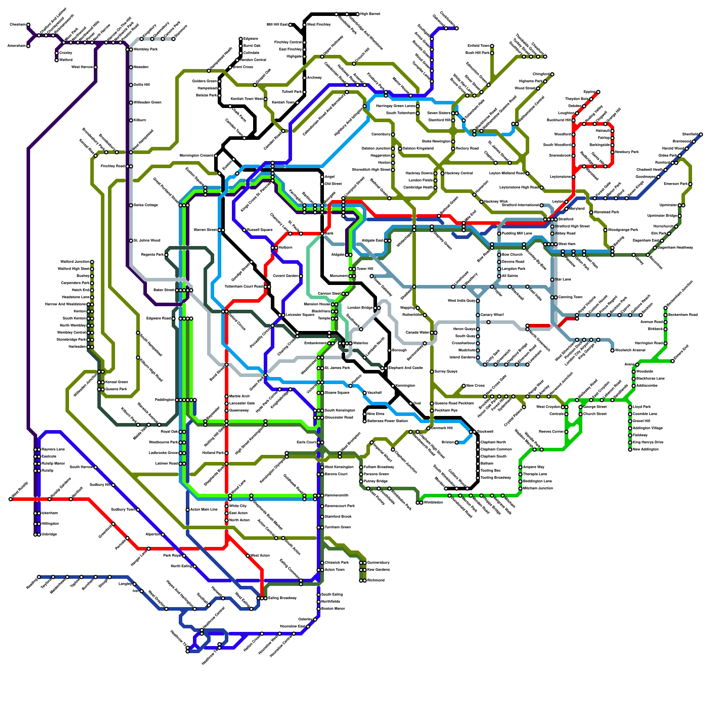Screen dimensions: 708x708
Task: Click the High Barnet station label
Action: click(x=370, y=14)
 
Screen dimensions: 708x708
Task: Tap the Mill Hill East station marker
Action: click(x=290, y=25)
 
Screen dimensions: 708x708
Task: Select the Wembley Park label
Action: click(x=146, y=49)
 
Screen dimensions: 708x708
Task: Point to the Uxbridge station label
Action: click(x=49, y=535)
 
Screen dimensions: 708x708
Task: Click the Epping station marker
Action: click(x=598, y=92)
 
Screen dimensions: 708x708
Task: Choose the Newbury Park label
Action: click(x=627, y=152)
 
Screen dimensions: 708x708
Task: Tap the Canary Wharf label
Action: click(x=492, y=315)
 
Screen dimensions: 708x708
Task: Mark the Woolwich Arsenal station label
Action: click(x=630, y=350)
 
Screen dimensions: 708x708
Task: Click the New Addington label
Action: click(x=646, y=450)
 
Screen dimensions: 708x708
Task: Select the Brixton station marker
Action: click(x=457, y=442)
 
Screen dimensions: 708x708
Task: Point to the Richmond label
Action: click(x=376, y=581)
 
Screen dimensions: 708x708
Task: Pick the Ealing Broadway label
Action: click(x=282, y=598)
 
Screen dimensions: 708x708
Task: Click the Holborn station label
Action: click(x=285, y=248)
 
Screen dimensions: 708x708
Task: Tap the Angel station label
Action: click(x=330, y=177)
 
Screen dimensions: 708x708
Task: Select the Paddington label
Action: click(x=164, y=400)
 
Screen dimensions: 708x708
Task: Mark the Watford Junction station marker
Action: click(x=92, y=262)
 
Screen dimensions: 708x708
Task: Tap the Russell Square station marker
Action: click(x=244, y=230)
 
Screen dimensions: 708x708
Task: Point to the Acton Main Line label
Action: click(x=204, y=510)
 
